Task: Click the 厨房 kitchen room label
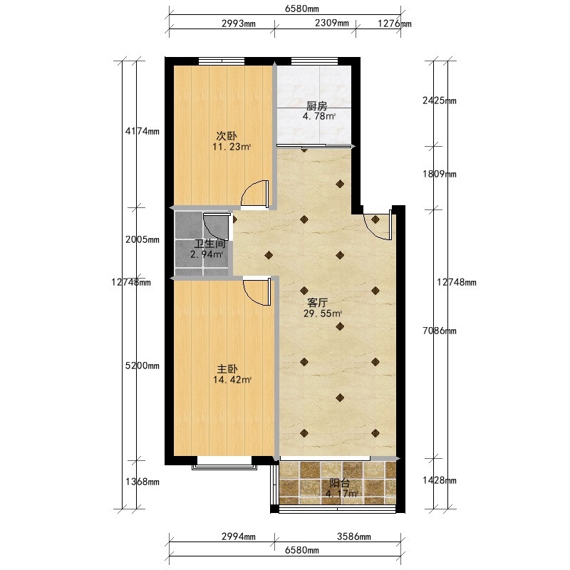point(316,106)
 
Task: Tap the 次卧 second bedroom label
point(227,136)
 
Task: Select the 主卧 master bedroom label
point(227,369)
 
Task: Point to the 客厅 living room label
point(318,302)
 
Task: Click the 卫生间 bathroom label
point(209,244)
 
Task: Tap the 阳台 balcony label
point(340,484)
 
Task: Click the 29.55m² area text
point(323,313)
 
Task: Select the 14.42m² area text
point(232,380)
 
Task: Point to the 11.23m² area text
point(232,147)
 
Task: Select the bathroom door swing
point(217,227)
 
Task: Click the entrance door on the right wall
point(378,225)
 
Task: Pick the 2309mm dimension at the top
point(332,24)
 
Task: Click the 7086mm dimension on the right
point(440,331)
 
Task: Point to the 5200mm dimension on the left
point(142,366)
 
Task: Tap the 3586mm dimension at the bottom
point(354,537)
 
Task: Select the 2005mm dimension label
point(142,239)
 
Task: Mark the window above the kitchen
point(315,61)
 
